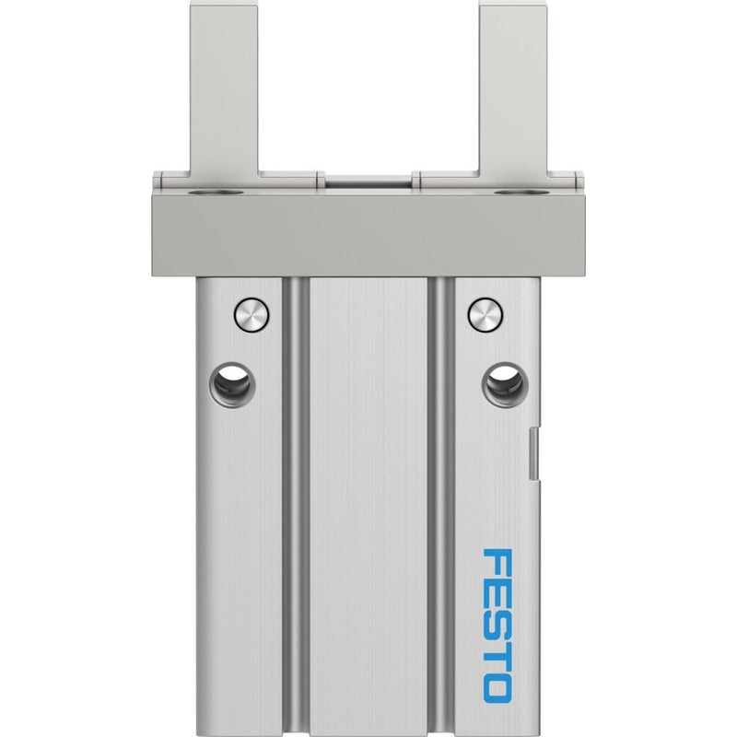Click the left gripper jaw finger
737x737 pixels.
[x=224, y=89]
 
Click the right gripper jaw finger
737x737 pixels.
[x=513, y=89]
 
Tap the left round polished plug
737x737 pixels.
[x=252, y=314]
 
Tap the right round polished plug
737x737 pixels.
[x=486, y=314]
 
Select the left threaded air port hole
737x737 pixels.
[x=230, y=384]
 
